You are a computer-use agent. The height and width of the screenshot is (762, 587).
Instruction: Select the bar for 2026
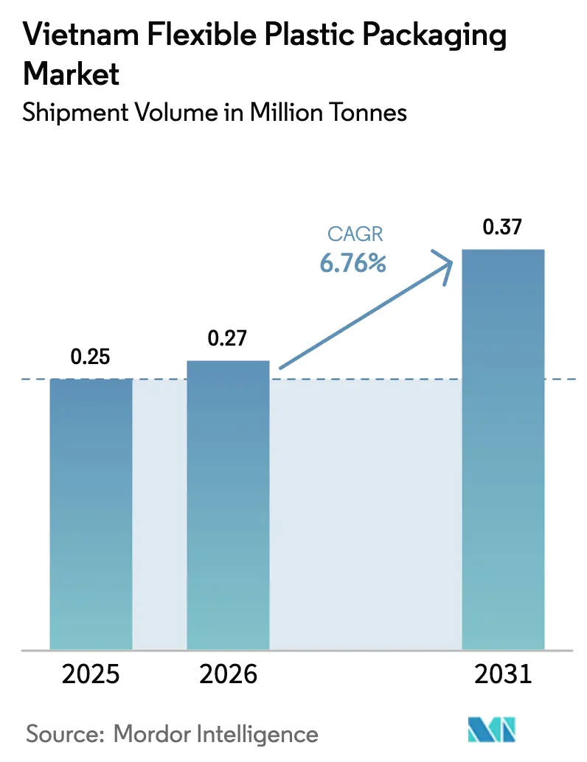228,505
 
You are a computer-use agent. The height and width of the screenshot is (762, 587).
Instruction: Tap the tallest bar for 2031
503,450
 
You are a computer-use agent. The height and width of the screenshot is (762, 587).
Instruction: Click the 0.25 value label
90,357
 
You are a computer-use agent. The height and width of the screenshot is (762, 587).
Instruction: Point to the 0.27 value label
227,339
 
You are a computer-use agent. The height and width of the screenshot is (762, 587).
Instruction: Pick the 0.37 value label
503,228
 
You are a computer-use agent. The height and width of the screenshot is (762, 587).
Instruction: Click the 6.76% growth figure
353,263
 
